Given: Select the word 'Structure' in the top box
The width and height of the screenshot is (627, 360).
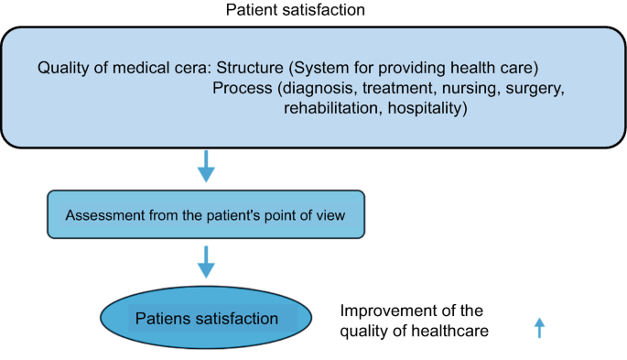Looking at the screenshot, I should point(252,68).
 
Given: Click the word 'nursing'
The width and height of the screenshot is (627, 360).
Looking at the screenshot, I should point(463,89).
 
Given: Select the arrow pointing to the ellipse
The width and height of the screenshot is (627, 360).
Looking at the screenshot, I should point(207,263).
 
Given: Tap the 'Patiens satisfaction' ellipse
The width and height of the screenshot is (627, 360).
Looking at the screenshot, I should point(207,319).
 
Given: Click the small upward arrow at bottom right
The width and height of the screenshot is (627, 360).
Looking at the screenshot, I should point(539,328).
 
